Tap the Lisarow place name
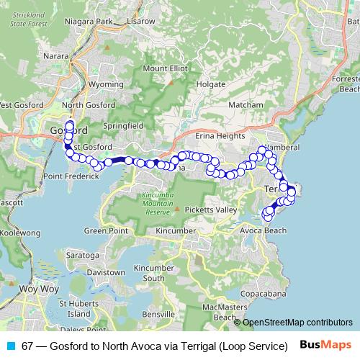[140, 22]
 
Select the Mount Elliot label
[165, 68]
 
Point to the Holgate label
[212, 84]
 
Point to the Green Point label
[106, 231]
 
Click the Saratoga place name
[82, 256]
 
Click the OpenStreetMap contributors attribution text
[297, 323]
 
